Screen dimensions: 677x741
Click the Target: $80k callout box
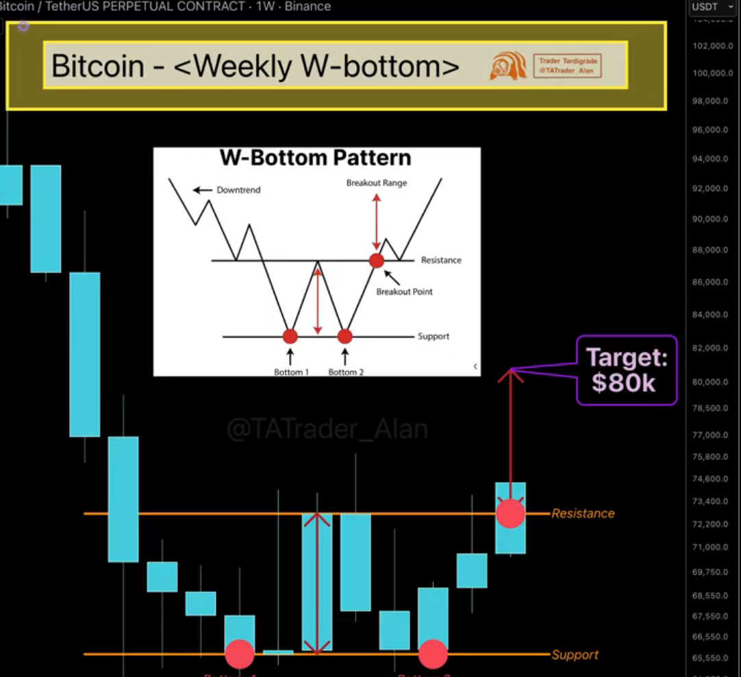point(626,370)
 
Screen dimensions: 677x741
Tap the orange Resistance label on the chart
point(583,513)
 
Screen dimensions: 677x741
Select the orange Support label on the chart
point(575,655)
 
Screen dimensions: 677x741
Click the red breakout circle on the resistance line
point(510,513)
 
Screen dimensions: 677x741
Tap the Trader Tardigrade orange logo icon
point(507,66)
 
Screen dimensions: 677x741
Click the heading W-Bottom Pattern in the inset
point(315,158)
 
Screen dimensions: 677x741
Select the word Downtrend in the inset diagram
point(238,190)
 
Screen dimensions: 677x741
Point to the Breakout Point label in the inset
point(404,292)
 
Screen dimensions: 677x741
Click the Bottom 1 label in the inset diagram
point(291,372)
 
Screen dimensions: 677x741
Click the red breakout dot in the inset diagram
point(376,260)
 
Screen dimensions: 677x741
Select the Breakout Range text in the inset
point(376,183)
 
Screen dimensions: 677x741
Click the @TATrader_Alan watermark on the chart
point(327,429)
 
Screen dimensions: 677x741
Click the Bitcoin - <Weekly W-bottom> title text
point(255,66)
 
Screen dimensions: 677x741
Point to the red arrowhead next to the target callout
point(511,374)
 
